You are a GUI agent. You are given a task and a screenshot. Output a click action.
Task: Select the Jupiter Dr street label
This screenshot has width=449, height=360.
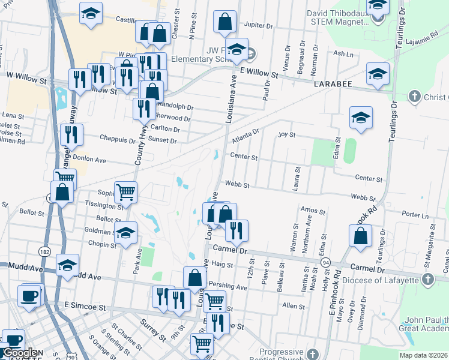click(x=259, y=25)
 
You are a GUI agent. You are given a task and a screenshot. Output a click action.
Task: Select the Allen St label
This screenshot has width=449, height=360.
click(x=294, y=306)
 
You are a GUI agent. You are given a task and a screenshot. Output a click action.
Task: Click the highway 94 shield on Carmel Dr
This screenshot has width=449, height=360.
click(x=325, y=262)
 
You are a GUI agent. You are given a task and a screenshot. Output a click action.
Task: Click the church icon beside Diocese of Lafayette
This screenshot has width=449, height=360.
click(x=427, y=278)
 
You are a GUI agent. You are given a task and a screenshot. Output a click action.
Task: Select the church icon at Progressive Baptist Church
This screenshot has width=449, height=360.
click(x=310, y=355)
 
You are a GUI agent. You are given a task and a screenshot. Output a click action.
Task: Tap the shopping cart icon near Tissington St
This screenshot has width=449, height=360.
click(x=125, y=192)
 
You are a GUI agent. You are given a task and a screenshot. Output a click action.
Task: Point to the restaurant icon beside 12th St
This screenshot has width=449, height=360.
click(x=237, y=229)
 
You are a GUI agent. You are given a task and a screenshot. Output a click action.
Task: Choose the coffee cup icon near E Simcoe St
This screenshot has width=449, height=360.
click(x=29, y=295)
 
